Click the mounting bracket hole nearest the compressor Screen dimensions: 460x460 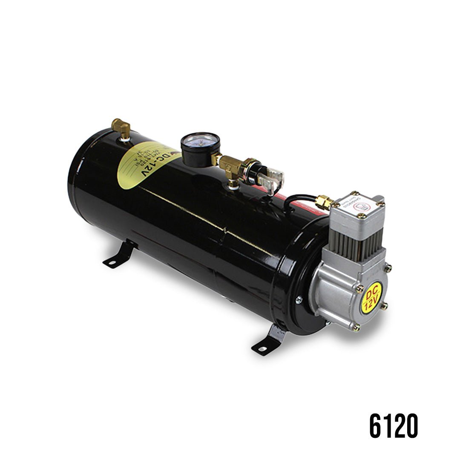click(261, 349)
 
